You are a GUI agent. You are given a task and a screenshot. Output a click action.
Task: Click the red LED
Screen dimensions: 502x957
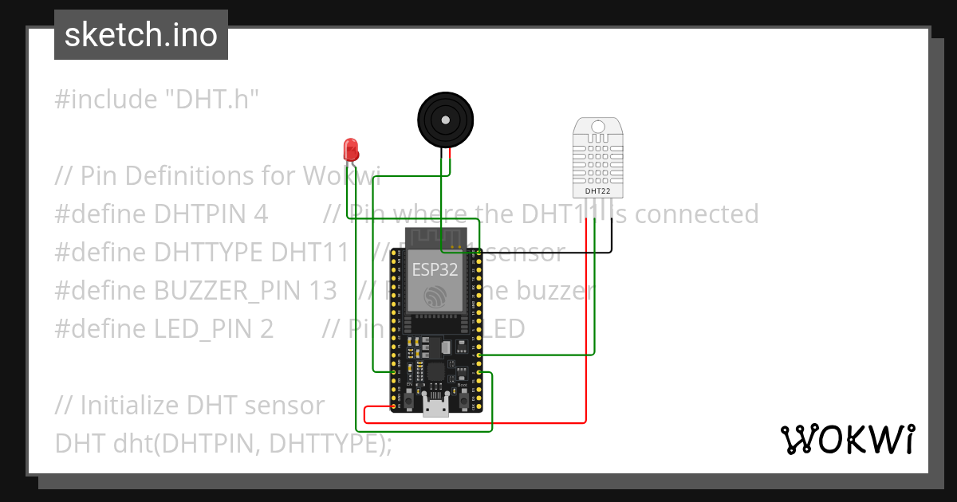tap(350, 149)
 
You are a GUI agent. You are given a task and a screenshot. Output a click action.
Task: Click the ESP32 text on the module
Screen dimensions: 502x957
tap(435, 269)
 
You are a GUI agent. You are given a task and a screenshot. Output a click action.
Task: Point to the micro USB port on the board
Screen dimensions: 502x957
tap(435, 408)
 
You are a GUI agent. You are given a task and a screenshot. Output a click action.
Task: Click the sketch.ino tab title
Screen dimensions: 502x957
tap(141, 35)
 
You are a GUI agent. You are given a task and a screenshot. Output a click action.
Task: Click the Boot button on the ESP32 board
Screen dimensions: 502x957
tap(462, 396)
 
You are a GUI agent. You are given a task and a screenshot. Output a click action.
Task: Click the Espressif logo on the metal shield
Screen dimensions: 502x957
tap(435, 296)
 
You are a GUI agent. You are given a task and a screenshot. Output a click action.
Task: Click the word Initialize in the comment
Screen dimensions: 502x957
tap(129, 406)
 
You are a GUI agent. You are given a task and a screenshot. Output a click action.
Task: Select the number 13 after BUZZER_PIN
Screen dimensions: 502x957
tap(322, 291)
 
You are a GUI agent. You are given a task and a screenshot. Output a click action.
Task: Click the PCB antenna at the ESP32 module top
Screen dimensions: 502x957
tap(435, 237)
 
